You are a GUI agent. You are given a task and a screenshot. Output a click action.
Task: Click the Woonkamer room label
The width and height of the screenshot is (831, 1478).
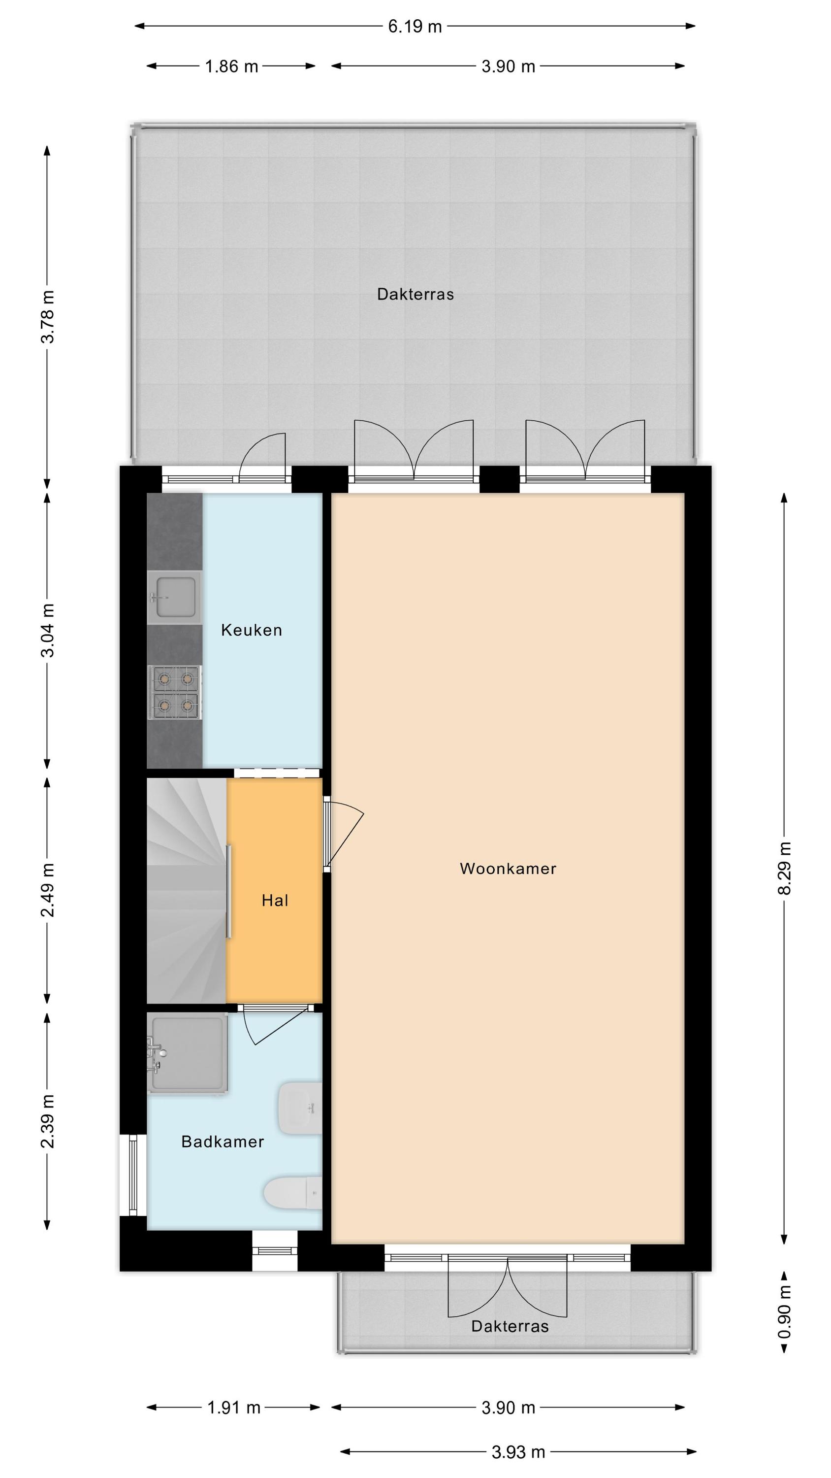point(508,869)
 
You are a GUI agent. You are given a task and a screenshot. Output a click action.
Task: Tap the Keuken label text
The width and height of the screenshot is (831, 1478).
point(252,630)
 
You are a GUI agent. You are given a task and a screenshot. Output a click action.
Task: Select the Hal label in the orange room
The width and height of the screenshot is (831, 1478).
point(275,901)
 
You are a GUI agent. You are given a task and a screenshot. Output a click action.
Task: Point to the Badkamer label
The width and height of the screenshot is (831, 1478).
point(223,1142)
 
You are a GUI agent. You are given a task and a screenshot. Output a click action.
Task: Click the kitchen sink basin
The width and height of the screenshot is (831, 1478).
point(174,597)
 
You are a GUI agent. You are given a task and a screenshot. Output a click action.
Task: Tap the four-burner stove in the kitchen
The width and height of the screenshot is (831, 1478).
point(174,692)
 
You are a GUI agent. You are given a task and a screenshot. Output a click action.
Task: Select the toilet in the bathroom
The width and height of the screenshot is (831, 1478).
point(293,1193)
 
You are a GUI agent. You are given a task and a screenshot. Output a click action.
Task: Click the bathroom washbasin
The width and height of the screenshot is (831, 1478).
point(300,1108)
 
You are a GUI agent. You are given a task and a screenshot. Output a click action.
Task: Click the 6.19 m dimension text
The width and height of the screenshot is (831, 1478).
point(415,27)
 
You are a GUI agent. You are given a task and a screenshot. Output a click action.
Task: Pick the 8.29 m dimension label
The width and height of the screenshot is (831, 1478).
point(785,868)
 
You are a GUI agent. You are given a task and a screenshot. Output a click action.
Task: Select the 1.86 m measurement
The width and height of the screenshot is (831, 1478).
point(232,67)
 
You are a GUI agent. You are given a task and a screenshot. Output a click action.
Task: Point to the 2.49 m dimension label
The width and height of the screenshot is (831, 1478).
point(48,890)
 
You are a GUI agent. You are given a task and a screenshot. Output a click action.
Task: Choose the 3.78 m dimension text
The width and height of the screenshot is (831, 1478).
point(48,317)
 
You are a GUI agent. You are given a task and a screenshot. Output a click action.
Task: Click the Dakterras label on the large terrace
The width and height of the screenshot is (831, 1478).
point(415,294)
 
